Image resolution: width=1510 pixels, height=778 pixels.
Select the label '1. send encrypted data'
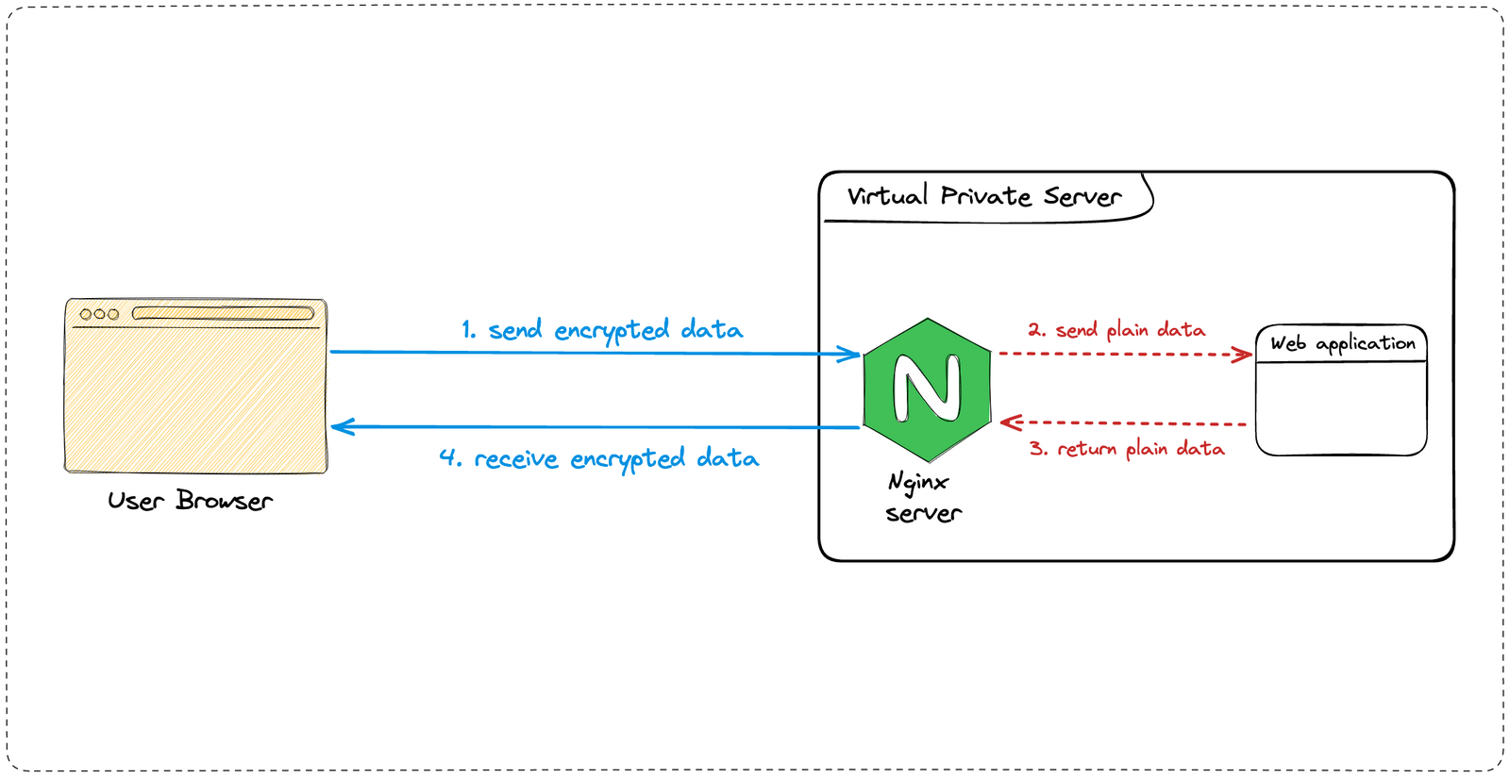click(x=601, y=330)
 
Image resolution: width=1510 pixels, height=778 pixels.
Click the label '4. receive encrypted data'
click(x=598, y=458)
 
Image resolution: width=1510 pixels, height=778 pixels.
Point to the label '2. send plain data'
click(x=1116, y=330)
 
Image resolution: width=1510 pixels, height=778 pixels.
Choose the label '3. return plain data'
click(x=1127, y=449)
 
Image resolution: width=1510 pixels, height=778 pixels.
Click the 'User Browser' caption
click(x=190, y=501)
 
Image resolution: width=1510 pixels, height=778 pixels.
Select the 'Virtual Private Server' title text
click(x=983, y=196)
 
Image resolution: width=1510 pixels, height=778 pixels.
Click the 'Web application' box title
click(x=1342, y=343)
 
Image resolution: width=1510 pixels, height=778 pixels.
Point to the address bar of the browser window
click(x=223, y=313)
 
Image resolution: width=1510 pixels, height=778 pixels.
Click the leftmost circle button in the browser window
click(x=86, y=314)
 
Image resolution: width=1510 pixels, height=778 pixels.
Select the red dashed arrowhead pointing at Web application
click(x=1245, y=355)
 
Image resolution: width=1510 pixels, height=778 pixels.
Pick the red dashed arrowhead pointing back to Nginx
click(x=1009, y=422)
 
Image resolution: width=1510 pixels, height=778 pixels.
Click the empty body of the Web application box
click(x=1341, y=407)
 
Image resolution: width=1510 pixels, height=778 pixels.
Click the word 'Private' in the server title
click(x=985, y=196)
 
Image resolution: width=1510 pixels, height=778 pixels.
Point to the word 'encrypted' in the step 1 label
click(x=612, y=331)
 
